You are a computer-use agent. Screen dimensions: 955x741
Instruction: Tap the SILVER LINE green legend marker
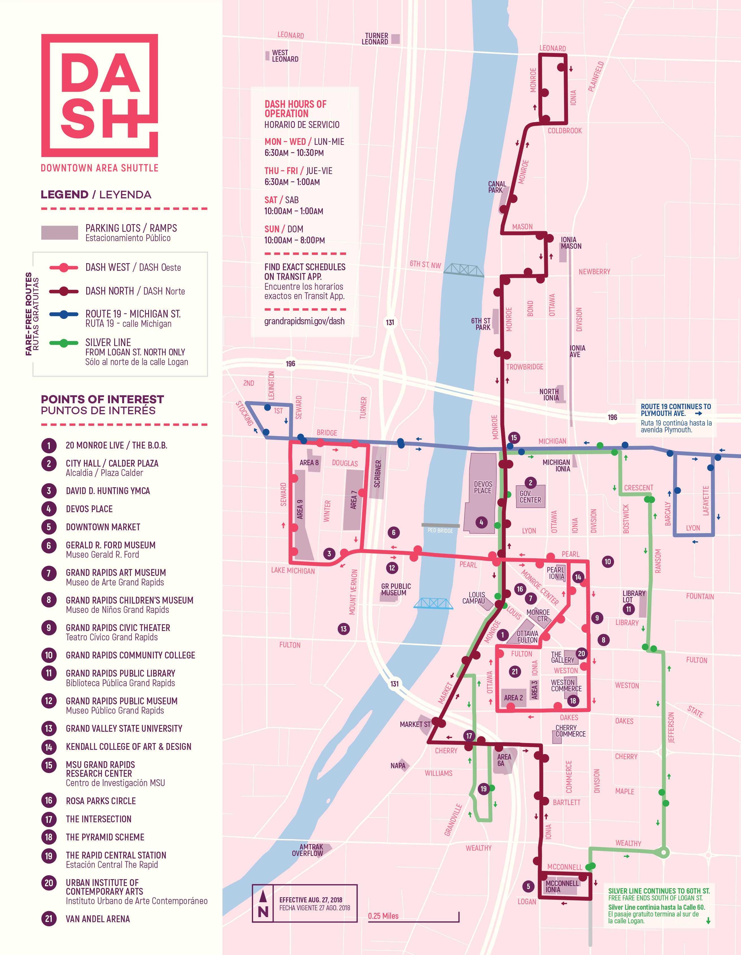[x=64, y=343]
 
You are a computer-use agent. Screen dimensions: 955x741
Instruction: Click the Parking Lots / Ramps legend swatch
[x=59, y=233]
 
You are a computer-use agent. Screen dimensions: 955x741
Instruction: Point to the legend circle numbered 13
[x=49, y=729]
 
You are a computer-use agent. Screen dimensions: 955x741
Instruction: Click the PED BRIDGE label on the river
[x=440, y=530]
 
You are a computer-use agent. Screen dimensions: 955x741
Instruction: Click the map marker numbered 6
[x=394, y=533]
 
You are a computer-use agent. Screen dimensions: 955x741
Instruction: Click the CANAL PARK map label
[x=497, y=187]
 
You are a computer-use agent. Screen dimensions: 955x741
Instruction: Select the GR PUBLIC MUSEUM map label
[x=396, y=589]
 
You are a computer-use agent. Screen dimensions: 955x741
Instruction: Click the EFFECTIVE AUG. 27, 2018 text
[x=311, y=900]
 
